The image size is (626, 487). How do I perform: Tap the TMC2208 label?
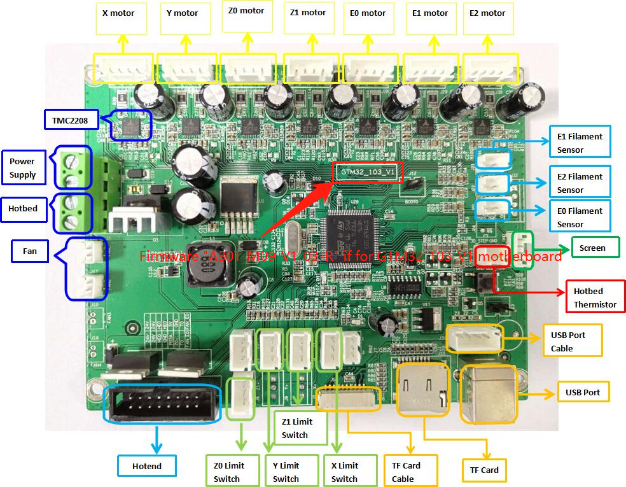point(69,118)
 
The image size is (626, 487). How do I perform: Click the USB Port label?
point(583,392)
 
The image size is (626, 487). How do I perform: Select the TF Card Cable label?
point(402,472)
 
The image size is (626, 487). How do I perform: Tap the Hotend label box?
point(147,466)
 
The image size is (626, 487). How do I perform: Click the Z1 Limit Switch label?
point(295,428)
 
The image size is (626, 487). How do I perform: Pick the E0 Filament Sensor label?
point(580,217)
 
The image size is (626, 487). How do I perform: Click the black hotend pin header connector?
point(162,403)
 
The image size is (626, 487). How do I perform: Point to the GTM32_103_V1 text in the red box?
point(368,173)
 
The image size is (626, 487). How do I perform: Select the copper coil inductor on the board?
point(205,272)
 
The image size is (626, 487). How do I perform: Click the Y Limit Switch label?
point(286,472)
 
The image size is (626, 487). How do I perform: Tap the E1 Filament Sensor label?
point(580,143)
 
